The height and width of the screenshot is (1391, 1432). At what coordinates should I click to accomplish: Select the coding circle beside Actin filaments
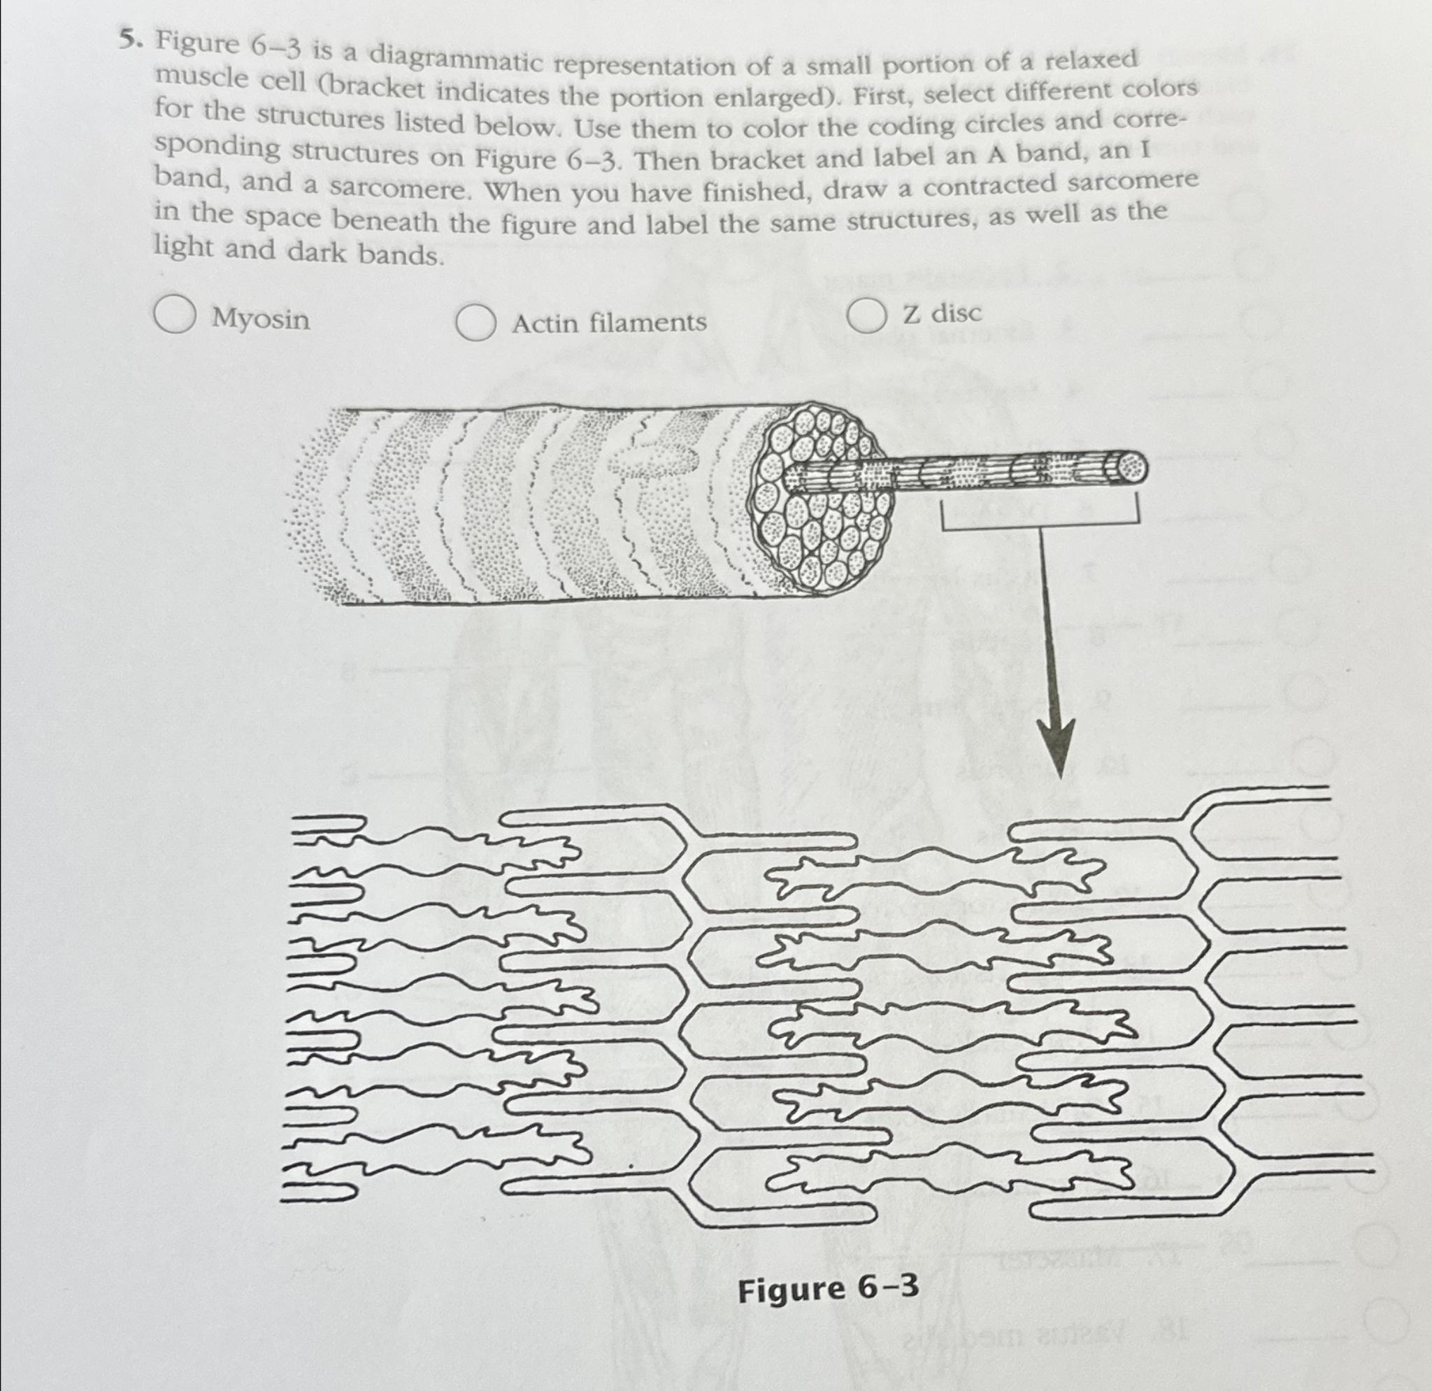pos(475,322)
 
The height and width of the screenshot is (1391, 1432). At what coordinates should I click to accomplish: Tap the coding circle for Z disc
pos(867,316)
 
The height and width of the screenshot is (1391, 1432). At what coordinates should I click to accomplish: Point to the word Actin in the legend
pos(545,322)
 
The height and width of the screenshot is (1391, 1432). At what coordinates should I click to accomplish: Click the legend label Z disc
pos(943,313)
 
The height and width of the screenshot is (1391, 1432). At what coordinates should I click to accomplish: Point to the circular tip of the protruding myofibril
pos(1129,466)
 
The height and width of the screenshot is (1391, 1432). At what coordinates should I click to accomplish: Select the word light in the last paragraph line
pos(182,248)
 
